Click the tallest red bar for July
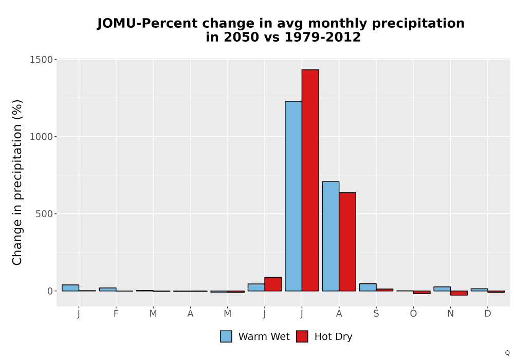[x=310, y=181]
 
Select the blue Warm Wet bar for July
[x=293, y=196]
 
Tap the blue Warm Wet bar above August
[x=331, y=236]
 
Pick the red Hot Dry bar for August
[x=347, y=242]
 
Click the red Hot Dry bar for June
[x=273, y=284]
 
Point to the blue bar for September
[x=368, y=287]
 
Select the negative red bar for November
[x=459, y=293]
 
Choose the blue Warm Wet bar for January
[x=70, y=288]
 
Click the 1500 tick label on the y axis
[x=41, y=60]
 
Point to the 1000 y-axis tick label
[x=41, y=137]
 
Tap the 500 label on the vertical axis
[x=44, y=214]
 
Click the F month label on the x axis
[x=116, y=314]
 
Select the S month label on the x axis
[x=376, y=314]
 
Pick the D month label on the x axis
[x=488, y=314]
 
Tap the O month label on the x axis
[x=413, y=314]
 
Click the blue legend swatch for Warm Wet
[x=226, y=336]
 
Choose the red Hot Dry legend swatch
[x=302, y=336]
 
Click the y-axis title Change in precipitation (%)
[x=17, y=182]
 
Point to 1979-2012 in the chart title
[x=323, y=37]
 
